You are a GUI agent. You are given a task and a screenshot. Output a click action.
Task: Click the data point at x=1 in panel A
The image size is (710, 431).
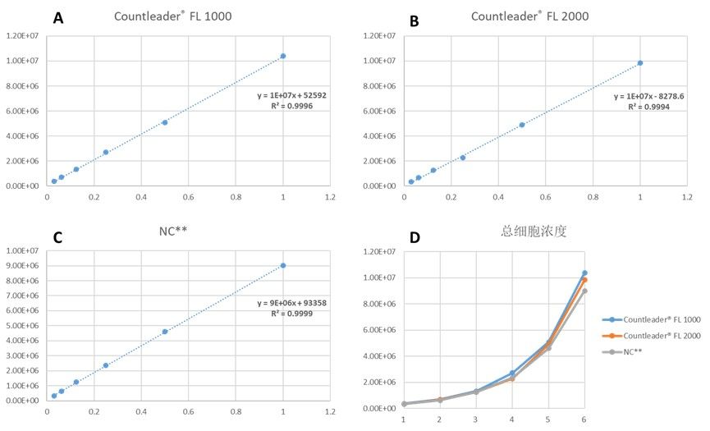pyautogui.click(x=283, y=56)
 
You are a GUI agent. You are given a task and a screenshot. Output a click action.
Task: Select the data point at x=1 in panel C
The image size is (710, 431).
pyautogui.click(x=283, y=265)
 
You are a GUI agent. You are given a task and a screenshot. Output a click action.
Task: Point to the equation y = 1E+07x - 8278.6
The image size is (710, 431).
pyautogui.click(x=649, y=96)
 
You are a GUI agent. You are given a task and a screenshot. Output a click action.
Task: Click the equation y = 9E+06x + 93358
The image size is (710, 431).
pyautogui.click(x=292, y=303)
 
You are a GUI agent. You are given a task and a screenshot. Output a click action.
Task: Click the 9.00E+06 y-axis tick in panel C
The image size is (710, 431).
pyautogui.click(x=23, y=265)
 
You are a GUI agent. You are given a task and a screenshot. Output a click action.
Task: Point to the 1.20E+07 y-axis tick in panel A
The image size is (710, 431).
pyautogui.click(x=23, y=36)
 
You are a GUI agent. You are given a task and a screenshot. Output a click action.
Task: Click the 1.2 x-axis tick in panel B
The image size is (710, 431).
pyautogui.click(x=687, y=197)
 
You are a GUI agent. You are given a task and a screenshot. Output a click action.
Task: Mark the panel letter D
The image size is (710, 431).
pyautogui.click(x=415, y=238)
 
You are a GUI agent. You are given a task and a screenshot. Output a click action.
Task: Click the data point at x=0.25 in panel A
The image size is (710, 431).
pyautogui.click(x=106, y=152)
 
